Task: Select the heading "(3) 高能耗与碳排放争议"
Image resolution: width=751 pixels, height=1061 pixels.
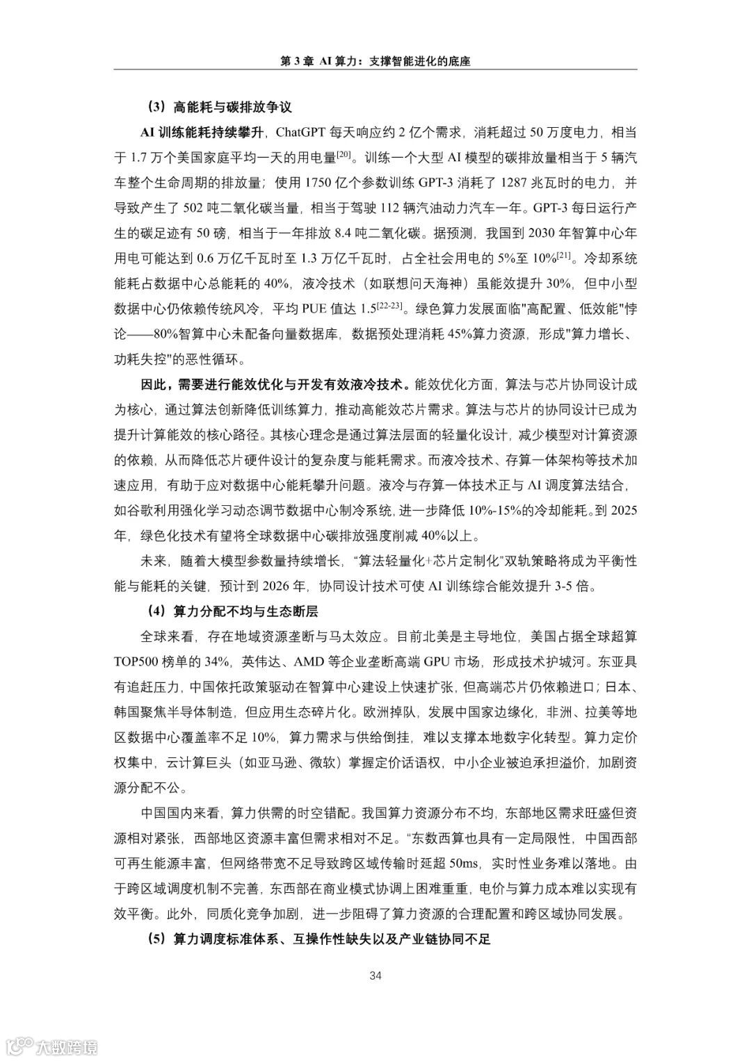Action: point(218,108)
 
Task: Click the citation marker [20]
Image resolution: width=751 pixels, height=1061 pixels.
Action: point(346,154)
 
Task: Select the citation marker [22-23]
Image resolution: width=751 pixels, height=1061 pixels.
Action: point(394,305)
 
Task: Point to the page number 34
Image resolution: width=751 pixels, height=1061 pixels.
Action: point(375,976)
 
